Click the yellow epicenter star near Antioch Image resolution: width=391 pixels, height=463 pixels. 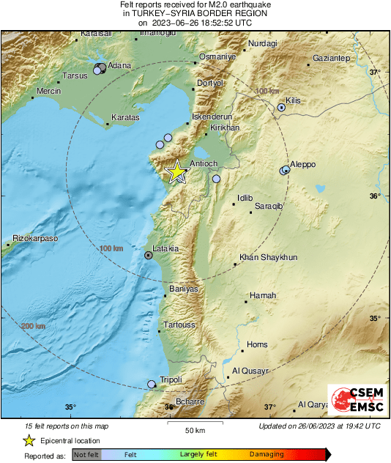[176, 172]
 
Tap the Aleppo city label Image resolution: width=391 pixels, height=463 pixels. [303, 164]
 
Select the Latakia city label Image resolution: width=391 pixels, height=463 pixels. [165, 249]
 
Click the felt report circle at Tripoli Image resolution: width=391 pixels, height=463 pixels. [152, 384]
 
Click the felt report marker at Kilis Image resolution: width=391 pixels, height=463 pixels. [281, 108]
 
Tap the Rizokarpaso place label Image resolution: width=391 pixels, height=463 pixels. [35, 239]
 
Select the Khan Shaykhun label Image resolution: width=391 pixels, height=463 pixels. [269, 258]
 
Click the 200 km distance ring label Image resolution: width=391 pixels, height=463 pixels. [33, 326]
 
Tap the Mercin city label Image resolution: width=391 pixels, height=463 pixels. [48, 92]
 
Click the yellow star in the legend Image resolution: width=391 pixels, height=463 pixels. [29, 441]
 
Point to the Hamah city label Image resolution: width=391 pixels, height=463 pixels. [263, 295]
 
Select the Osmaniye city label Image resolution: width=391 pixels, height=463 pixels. [217, 57]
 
